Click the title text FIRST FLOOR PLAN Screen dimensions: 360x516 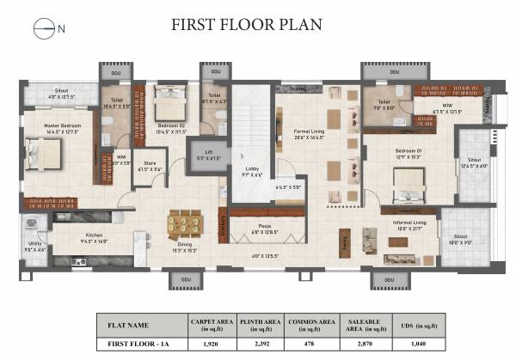(247, 24)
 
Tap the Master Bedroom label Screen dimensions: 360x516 (40, 126)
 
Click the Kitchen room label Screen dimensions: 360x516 (93, 235)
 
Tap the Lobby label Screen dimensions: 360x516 (250, 170)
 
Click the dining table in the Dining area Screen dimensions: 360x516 (186, 223)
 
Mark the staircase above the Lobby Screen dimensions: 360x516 (251, 120)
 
